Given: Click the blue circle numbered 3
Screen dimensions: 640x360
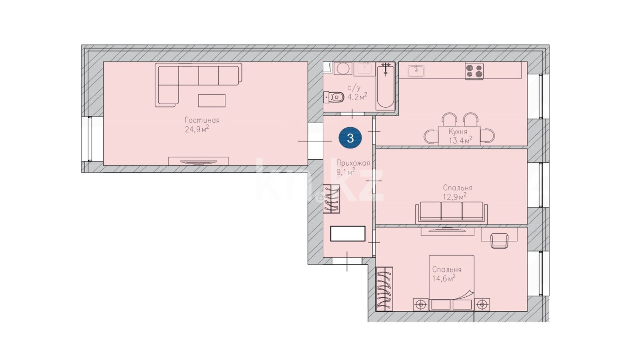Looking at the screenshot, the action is (x=350, y=138).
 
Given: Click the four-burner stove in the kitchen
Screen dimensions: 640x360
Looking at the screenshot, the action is (x=474, y=72).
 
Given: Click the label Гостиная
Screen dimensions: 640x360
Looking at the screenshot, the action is (x=202, y=120).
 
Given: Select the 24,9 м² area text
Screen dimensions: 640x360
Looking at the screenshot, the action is (x=197, y=130).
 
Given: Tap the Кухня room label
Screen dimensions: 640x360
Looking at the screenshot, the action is (x=458, y=132).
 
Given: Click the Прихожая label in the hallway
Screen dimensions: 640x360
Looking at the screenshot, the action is (x=353, y=164).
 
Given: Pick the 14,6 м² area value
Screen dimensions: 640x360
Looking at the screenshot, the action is (x=444, y=278).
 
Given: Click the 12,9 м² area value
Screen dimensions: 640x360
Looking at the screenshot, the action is (x=455, y=196).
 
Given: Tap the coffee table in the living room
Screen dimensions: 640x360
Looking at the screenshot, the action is (x=212, y=100).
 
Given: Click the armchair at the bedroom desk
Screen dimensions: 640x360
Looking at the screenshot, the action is (x=499, y=240).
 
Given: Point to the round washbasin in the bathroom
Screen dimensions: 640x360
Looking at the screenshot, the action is (x=342, y=68).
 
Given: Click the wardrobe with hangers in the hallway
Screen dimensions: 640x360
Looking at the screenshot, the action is (x=332, y=199).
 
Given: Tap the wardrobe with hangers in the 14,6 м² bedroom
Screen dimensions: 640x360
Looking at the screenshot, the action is (x=384, y=289).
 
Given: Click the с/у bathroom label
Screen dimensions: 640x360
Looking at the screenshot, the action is (x=354, y=88).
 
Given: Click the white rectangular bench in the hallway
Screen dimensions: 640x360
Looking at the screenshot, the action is (x=348, y=234).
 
